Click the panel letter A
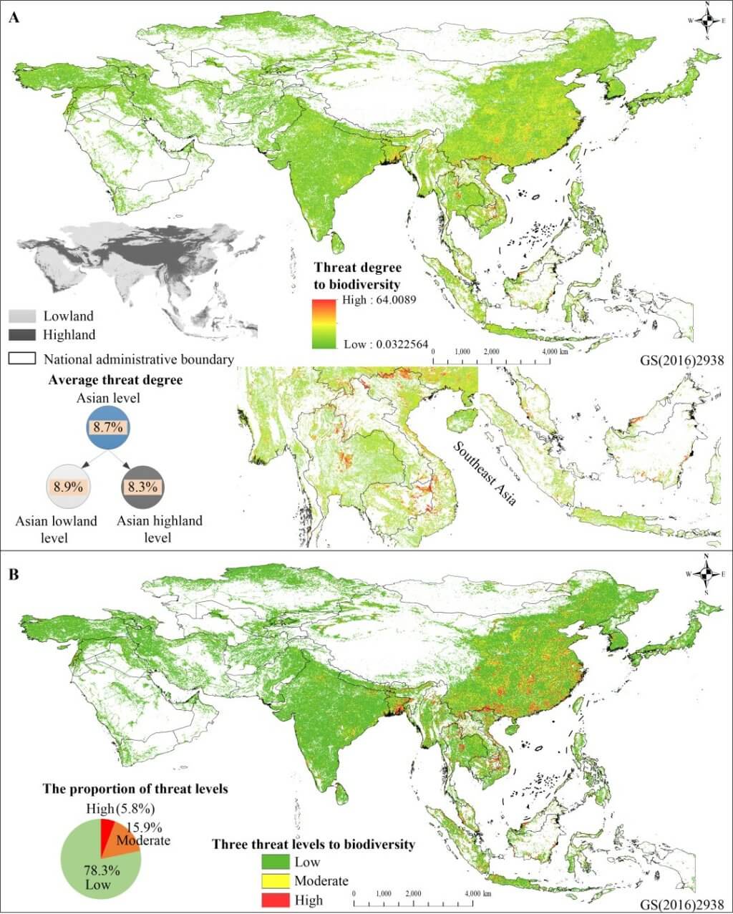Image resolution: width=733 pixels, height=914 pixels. [x=14, y=19]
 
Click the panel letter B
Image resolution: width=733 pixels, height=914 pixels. [x=14, y=575]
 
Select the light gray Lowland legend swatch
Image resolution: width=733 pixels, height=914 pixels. [x=23, y=316]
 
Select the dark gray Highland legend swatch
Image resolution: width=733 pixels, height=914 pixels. [x=23, y=334]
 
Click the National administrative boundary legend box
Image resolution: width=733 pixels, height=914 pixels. [x=23, y=358]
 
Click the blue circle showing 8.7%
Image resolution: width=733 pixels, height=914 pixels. [x=108, y=427]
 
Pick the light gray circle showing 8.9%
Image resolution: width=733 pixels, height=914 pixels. [x=69, y=486]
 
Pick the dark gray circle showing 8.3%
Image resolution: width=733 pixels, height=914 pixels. [x=142, y=486]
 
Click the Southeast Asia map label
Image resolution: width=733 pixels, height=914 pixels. [x=485, y=473]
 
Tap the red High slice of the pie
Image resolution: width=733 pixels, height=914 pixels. [x=107, y=832]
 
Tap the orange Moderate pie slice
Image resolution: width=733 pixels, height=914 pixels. [x=125, y=840]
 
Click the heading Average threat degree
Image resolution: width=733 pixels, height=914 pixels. [x=115, y=380]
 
